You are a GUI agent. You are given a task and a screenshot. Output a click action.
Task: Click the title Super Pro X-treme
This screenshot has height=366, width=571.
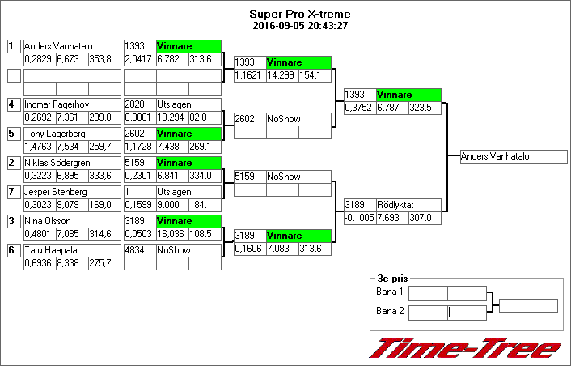coord(300,15)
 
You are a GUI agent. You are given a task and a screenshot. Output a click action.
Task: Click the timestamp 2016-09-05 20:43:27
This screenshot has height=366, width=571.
coord(300,25)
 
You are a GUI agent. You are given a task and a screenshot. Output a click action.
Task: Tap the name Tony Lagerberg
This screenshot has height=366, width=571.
coord(53,134)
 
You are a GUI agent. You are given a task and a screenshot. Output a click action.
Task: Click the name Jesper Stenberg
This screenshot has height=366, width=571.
coord(56,192)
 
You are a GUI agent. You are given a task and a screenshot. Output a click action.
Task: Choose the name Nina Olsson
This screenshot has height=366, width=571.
coord(48,221)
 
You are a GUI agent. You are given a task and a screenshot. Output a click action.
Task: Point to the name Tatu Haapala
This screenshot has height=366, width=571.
coord(50,250)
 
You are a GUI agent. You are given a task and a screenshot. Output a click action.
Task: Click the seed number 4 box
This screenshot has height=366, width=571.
coord(14,104)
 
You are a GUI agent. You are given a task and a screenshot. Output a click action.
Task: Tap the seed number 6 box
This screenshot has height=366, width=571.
coord(14,250)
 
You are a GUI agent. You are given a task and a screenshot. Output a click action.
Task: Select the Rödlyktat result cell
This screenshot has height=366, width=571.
coord(408,205)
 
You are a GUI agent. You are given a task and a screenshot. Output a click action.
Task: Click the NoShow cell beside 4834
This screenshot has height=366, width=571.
coord(188,250)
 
